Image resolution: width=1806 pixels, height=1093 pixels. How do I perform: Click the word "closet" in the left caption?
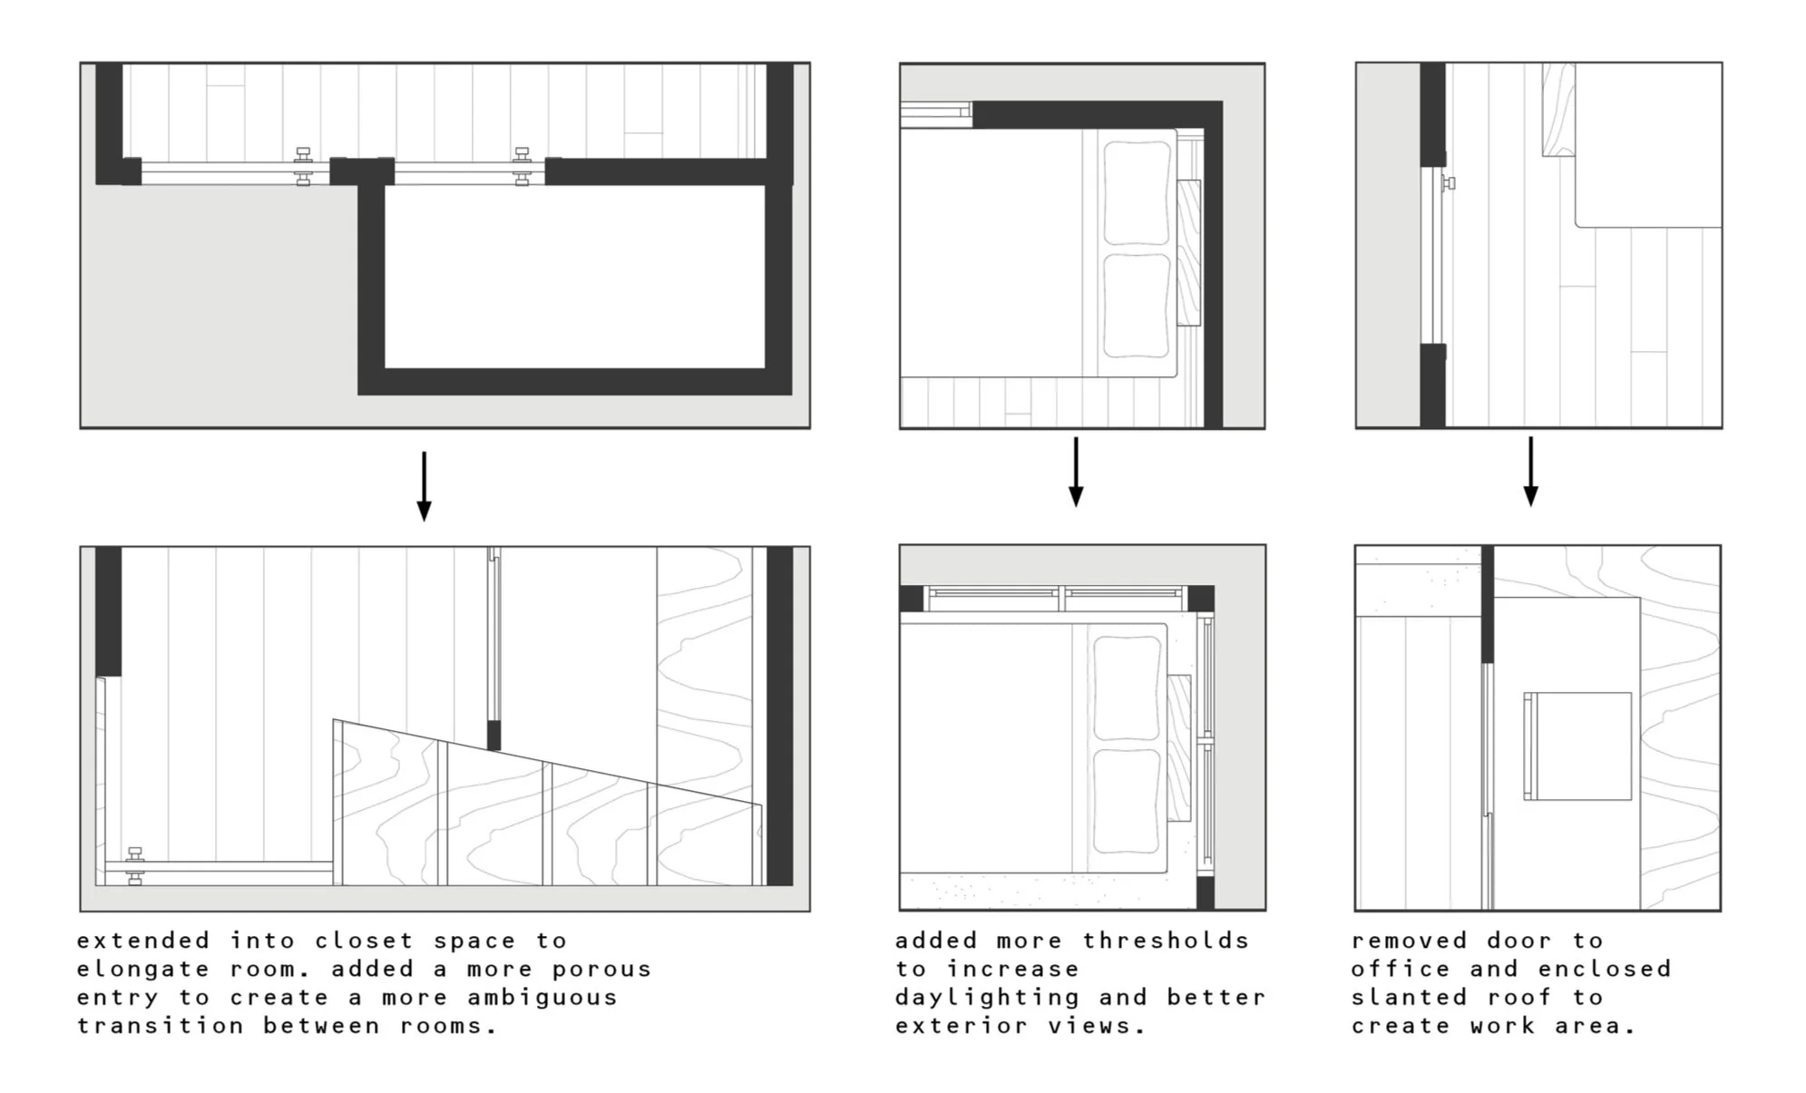tap(364, 941)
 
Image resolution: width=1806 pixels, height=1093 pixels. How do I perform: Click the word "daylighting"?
tap(987, 998)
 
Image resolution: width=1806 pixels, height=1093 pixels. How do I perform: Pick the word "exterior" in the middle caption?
tap(961, 1027)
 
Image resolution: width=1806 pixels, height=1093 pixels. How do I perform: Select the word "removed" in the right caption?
tap(1409, 941)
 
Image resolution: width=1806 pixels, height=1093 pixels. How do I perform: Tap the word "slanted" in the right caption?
tap(1409, 998)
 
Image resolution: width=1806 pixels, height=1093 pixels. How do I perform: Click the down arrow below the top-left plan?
tap(424, 487)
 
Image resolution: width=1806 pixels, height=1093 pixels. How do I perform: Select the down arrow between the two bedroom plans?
tap(1076, 473)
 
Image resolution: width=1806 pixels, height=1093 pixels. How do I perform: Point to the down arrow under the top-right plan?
tap(1530, 473)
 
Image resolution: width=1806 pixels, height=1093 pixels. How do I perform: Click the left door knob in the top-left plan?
tap(304, 167)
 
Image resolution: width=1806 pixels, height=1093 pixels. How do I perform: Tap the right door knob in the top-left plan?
tap(522, 167)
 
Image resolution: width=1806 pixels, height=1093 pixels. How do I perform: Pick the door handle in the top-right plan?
tap(1449, 183)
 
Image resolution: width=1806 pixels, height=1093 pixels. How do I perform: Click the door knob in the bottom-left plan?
tap(135, 866)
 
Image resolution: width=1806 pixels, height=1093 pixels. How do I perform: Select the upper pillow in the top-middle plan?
tap(1136, 193)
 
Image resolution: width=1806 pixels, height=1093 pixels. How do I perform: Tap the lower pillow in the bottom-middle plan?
tap(1127, 801)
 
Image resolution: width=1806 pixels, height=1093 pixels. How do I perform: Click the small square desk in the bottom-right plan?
tap(1578, 746)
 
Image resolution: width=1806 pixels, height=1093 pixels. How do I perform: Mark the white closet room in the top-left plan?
tap(574, 277)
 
